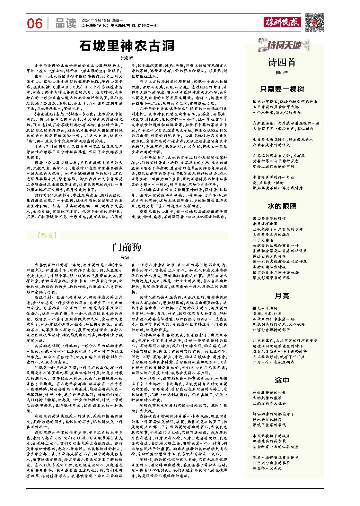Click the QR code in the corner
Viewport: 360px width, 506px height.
click(314, 22)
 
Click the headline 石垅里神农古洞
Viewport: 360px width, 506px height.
click(127, 46)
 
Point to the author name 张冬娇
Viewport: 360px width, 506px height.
click(126, 58)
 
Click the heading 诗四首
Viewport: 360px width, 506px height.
click(282, 62)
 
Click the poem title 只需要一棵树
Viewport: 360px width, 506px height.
click(282, 89)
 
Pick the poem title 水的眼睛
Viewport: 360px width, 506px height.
click(282, 206)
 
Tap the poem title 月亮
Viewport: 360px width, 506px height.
click(282, 295)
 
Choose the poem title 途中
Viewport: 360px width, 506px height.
click(282, 380)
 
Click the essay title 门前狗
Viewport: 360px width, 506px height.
click(127, 247)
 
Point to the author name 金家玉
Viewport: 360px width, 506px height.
click(126, 258)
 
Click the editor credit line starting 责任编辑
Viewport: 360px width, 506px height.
click(119, 26)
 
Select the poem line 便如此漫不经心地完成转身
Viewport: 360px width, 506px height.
click(277, 188)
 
